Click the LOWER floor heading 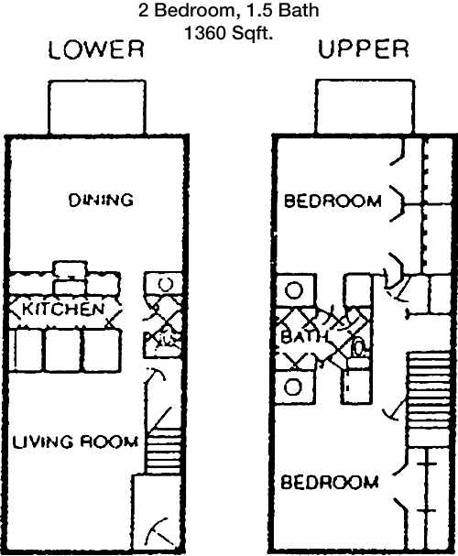click(x=96, y=49)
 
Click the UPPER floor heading click(x=364, y=49)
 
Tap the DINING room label click(x=101, y=201)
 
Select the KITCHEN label click(x=64, y=310)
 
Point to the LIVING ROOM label click(x=75, y=442)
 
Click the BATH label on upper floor click(x=303, y=337)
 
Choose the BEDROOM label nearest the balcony click(x=333, y=202)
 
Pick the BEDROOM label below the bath click(x=330, y=483)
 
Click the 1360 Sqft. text click(x=229, y=34)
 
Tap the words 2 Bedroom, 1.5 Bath click(x=229, y=10)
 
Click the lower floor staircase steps click(x=164, y=455)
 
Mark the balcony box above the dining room click(x=97, y=107)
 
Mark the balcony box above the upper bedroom click(x=365, y=106)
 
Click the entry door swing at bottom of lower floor click(x=158, y=530)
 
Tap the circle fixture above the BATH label click(x=294, y=290)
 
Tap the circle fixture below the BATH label click(x=293, y=387)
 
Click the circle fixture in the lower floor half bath click(x=165, y=283)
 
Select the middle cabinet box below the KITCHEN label click(x=62, y=350)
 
